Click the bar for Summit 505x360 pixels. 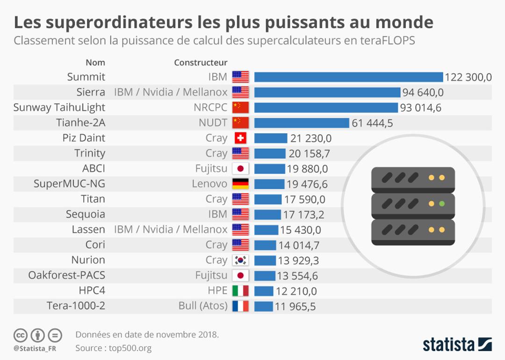click(x=348, y=77)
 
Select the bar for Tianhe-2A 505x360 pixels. click(x=302, y=122)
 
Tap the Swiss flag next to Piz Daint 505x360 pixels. click(x=240, y=138)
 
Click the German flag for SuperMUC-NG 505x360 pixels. click(x=240, y=184)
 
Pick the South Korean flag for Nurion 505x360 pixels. click(x=240, y=260)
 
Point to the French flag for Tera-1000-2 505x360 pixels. click(x=240, y=306)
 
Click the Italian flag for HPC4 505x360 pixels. click(x=240, y=291)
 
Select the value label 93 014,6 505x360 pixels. click(x=420, y=108)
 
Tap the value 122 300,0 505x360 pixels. click(x=468, y=77)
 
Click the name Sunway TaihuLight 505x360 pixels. click(x=59, y=108)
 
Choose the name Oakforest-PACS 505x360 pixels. click(x=67, y=275)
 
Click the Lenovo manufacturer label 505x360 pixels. click(x=209, y=184)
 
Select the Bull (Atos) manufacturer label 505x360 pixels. click(x=203, y=306)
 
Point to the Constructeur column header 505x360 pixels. click(x=201, y=63)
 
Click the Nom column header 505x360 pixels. click(x=95, y=63)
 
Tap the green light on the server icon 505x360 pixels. click(x=441, y=203)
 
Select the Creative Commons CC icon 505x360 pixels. click(x=20, y=335)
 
